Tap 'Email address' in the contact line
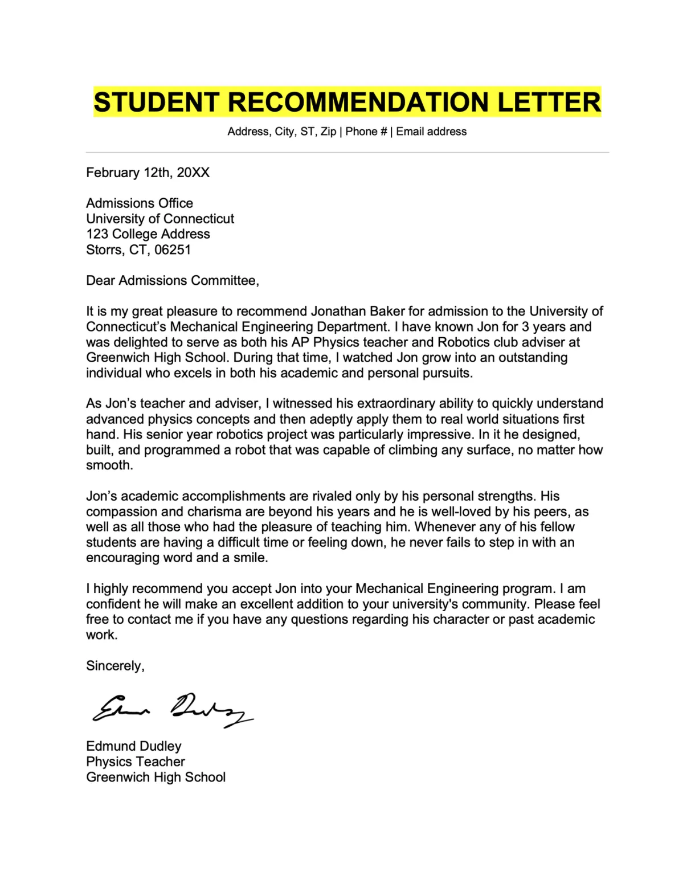point(431,132)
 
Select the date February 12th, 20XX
point(148,173)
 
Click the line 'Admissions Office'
point(139,203)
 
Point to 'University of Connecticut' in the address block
point(160,219)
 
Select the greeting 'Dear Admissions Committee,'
point(172,280)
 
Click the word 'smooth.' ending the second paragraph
point(109,465)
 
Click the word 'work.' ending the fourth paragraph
point(101,635)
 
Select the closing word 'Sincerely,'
point(115,666)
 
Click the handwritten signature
point(171,710)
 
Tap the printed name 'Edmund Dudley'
point(133,746)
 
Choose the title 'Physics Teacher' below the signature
point(135,762)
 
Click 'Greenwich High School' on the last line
point(156,777)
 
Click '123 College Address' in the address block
point(148,234)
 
